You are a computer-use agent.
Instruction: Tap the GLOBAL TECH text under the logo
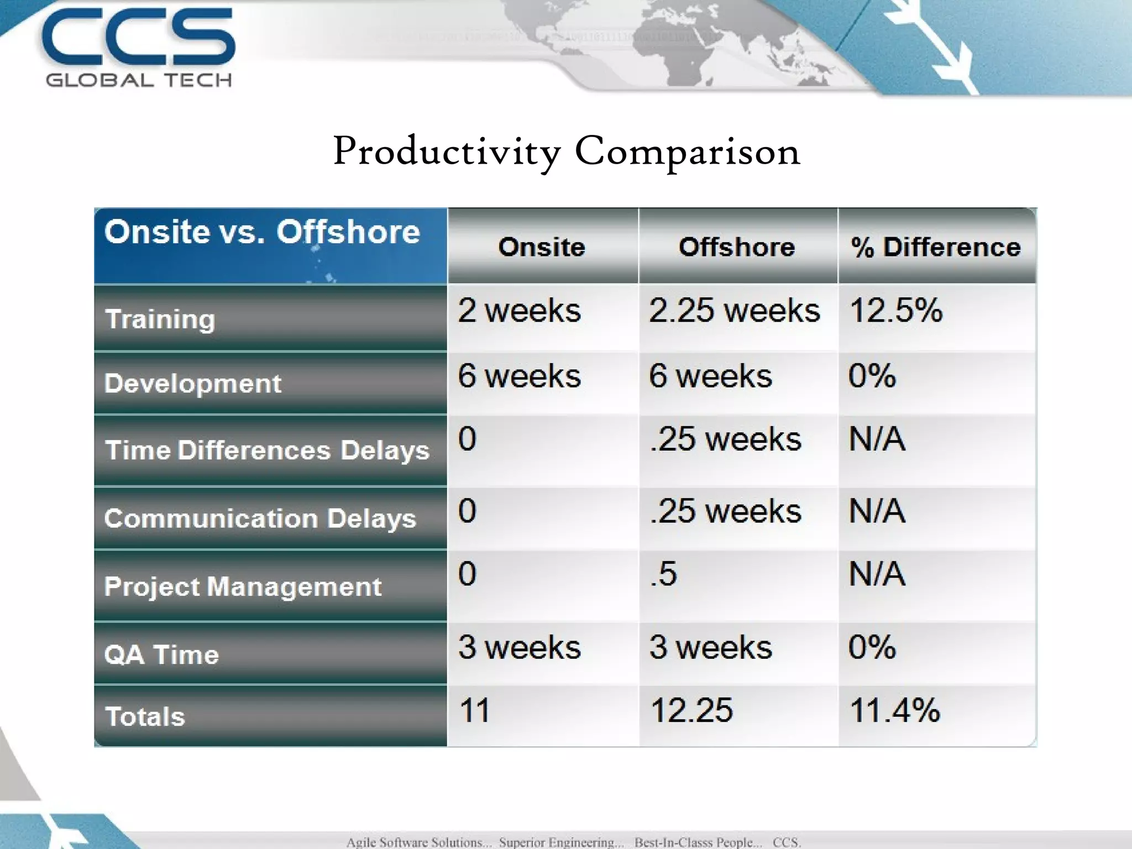coord(138,81)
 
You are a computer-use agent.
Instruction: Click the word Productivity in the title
coord(447,151)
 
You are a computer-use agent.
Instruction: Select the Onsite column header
coord(542,247)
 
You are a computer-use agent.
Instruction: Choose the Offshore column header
coord(737,247)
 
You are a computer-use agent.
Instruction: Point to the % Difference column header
coord(936,247)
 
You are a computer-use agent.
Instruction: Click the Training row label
coord(160,319)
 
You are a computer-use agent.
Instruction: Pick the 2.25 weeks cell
coord(734,311)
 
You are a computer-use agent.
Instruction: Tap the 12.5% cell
coord(895,311)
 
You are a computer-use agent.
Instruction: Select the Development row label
coord(192,384)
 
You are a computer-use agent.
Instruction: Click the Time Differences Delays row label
coord(267,450)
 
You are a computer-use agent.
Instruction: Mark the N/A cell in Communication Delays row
coord(877,511)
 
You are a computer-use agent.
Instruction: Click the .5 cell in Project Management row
coord(663,574)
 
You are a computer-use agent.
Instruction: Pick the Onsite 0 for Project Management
coord(467,574)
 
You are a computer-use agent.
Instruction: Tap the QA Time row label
coord(161,655)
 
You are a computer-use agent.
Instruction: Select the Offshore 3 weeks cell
coord(710,647)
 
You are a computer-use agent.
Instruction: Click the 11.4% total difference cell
coord(894,711)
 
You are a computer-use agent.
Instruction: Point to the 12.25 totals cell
coord(691,711)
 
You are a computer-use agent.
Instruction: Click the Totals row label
coord(145,717)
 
